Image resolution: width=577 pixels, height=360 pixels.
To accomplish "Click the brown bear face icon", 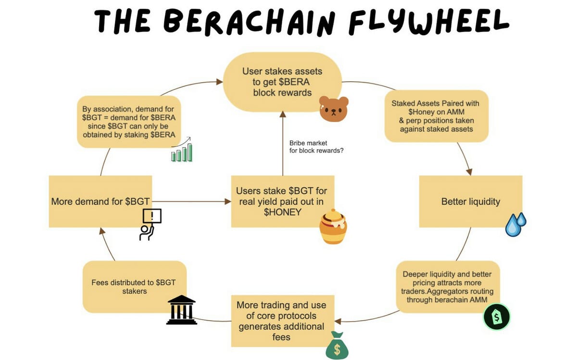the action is click(x=334, y=109).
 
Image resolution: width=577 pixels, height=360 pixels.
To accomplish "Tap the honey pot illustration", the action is click(x=333, y=226).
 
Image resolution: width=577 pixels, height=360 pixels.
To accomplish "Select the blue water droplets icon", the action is click(x=515, y=224).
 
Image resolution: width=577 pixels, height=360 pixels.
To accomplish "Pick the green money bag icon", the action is click(x=337, y=345).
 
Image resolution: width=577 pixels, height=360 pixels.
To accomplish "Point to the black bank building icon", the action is click(x=182, y=310).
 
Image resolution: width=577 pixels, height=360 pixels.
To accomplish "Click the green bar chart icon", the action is click(x=182, y=149).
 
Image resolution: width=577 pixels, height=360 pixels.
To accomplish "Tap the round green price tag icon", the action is click(x=497, y=317).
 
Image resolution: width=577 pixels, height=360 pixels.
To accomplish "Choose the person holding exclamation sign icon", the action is click(x=151, y=224).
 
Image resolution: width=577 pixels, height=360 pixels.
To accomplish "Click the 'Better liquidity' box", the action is click(x=471, y=201).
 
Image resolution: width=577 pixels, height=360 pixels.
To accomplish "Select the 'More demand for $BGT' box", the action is click(x=100, y=201).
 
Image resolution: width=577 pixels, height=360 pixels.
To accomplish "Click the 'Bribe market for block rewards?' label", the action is click(x=316, y=147).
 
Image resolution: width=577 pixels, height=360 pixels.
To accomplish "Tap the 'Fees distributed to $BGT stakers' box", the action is click(x=135, y=287).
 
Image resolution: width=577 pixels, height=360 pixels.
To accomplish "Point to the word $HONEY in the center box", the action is click(x=283, y=212).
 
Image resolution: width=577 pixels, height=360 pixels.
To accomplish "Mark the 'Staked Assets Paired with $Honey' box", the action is click(x=437, y=116).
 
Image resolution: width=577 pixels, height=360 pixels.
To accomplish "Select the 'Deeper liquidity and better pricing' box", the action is click(x=448, y=287).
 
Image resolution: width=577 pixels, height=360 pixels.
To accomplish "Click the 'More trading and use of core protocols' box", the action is click(x=283, y=321).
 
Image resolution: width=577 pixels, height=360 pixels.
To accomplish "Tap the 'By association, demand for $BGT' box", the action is click(x=129, y=122).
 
